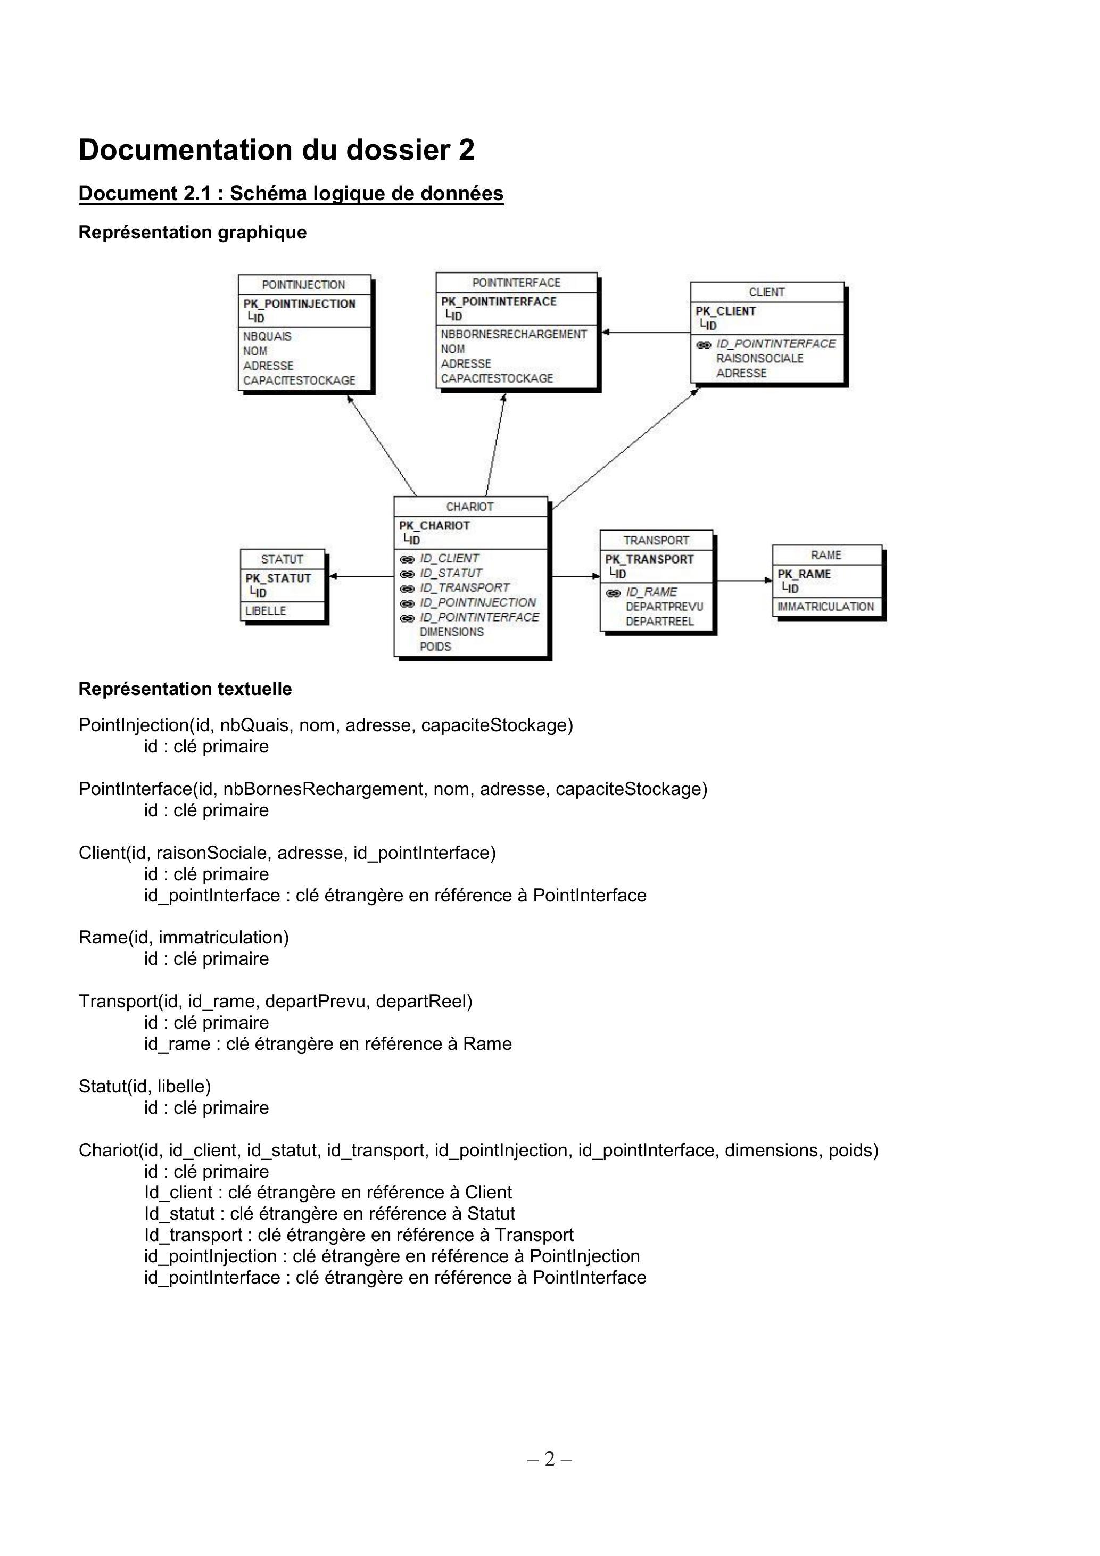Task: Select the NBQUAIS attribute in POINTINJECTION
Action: (267, 336)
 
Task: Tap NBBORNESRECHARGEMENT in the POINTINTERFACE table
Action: (514, 334)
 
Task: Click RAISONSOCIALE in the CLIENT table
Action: (760, 359)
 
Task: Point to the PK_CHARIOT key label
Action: (434, 526)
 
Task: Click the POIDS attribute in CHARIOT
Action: (435, 647)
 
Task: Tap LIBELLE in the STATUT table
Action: (266, 610)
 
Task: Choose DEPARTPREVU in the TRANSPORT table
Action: (664, 607)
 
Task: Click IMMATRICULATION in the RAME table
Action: (825, 607)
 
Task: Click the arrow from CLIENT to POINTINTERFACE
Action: (646, 332)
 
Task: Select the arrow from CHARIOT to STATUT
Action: (361, 577)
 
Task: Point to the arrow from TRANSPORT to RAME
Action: (744, 581)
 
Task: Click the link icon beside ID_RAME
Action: (613, 592)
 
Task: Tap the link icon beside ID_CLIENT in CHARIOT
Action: (407, 559)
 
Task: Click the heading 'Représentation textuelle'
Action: (185, 689)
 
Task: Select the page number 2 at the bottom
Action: (549, 1459)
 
